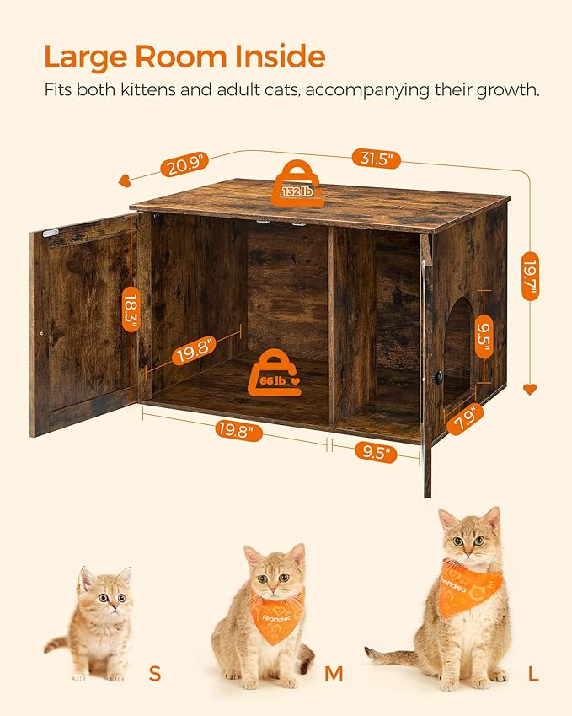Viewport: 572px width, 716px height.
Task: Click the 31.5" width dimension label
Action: pyautogui.click(x=377, y=159)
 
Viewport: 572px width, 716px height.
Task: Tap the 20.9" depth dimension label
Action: pyautogui.click(x=184, y=165)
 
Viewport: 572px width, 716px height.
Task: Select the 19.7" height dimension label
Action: pyautogui.click(x=530, y=276)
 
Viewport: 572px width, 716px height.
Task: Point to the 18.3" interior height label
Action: pyautogui.click(x=131, y=310)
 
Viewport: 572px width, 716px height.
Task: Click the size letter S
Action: pyautogui.click(x=154, y=673)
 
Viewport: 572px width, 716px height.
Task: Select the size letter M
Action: pyautogui.click(x=334, y=673)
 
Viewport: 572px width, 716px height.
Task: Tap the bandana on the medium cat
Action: pyautogui.click(x=275, y=616)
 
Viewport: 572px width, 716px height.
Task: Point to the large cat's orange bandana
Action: pyautogui.click(x=468, y=584)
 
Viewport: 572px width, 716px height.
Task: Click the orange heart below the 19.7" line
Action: pyautogui.click(x=530, y=389)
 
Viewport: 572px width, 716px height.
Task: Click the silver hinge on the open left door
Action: pyautogui.click(x=51, y=232)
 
